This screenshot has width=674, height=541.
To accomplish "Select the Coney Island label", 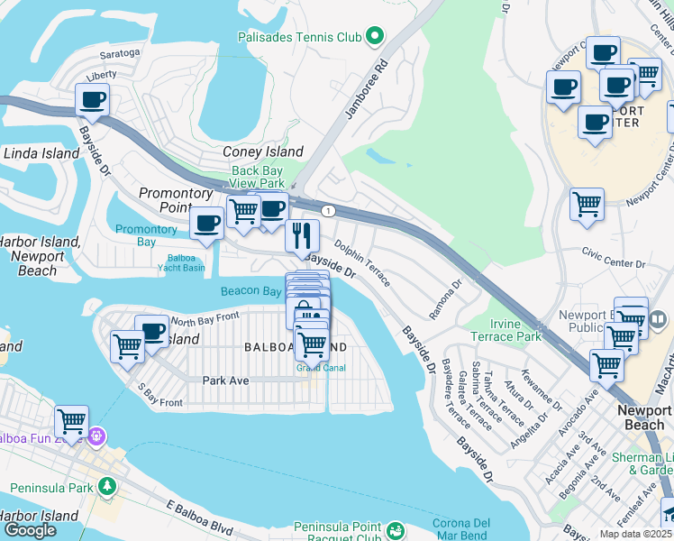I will tap(263, 152).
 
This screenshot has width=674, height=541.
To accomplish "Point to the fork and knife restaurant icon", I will tap(302, 235).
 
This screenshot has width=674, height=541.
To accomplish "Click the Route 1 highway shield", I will tap(331, 211).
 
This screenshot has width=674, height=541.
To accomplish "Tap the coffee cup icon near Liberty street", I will tap(92, 100).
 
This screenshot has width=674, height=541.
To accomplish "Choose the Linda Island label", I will tap(41, 154).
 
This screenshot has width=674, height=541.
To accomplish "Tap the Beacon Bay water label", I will tap(250, 291).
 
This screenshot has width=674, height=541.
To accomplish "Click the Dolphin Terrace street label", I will tap(362, 262).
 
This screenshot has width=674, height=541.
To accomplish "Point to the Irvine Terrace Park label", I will tap(504, 330).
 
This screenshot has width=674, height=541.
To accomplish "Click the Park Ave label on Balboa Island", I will tap(225, 381).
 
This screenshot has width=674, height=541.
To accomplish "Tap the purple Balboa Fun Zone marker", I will tap(96, 437).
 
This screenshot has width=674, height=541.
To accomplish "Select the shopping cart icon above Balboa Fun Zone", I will tap(71, 420).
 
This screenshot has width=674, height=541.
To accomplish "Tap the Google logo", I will tap(30, 530).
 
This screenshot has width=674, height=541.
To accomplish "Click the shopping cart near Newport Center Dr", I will tap(587, 204).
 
